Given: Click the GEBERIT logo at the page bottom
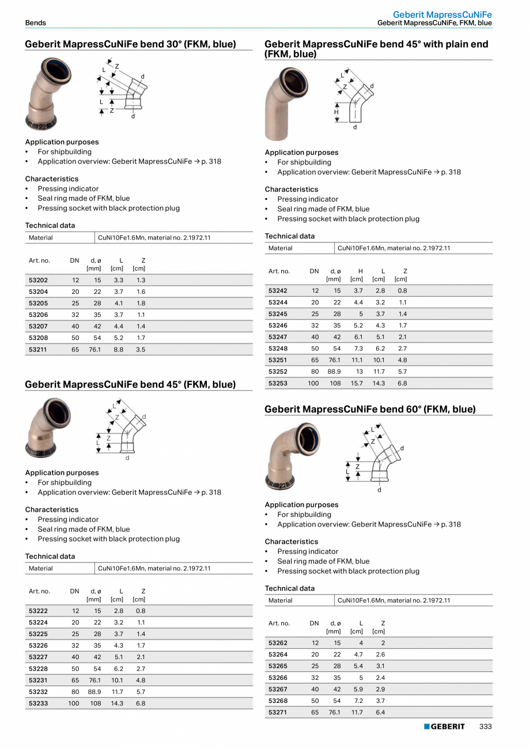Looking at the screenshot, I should [444, 727].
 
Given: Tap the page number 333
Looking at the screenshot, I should [486, 727].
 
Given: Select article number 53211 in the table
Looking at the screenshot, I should [39, 350].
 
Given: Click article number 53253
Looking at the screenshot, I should [278, 383].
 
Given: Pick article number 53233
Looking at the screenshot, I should [39, 703].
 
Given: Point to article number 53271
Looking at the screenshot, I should [278, 713].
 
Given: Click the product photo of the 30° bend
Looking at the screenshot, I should [48, 94].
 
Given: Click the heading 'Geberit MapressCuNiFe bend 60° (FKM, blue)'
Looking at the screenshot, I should [370, 410].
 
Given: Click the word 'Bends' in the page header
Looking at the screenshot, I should [36, 23].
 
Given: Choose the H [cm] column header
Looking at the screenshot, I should [358, 275].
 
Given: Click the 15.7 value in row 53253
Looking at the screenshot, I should [357, 383].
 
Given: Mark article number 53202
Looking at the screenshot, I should [39, 280].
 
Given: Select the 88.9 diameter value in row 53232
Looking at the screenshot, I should [94, 692].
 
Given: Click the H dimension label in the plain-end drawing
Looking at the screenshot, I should [336, 113].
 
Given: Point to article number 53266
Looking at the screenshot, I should [278, 678].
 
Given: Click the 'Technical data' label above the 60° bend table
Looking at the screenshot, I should [290, 588].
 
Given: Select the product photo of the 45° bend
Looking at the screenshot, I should [48, 426].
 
